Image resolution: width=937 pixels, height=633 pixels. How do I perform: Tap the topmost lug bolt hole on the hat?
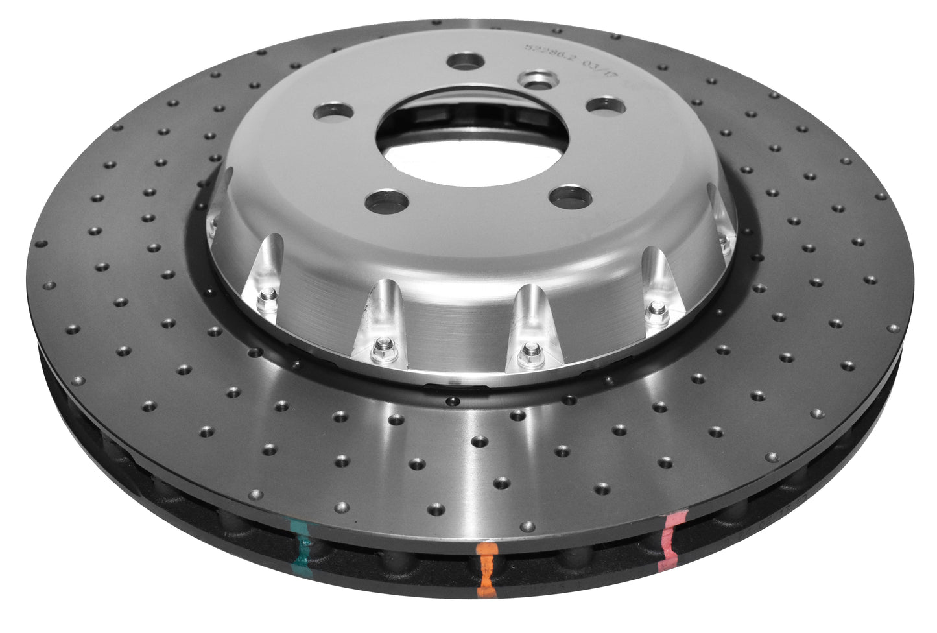[466, 61]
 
